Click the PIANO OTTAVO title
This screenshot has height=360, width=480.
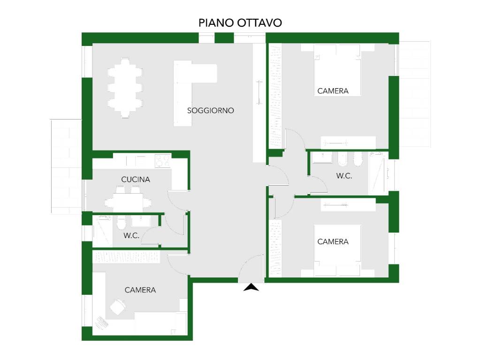240,23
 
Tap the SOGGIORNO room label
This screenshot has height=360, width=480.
211,111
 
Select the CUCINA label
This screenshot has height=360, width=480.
136,180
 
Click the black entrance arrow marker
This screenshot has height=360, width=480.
251,287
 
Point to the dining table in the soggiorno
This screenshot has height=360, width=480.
125,88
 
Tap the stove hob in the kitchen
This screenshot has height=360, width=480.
162,161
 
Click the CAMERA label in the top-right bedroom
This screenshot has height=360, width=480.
333,91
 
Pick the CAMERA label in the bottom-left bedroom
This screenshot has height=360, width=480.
140,290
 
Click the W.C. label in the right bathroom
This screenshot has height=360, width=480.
344,176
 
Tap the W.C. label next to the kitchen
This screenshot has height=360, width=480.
131,235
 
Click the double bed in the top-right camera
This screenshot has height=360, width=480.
337,70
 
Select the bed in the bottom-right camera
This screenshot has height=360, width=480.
337,250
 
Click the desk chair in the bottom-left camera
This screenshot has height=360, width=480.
118,307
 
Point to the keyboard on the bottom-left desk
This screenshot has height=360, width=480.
102,322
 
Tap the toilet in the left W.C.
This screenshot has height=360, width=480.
121,223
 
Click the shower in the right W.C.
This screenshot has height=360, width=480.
377,173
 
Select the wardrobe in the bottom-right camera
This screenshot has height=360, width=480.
275,248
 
